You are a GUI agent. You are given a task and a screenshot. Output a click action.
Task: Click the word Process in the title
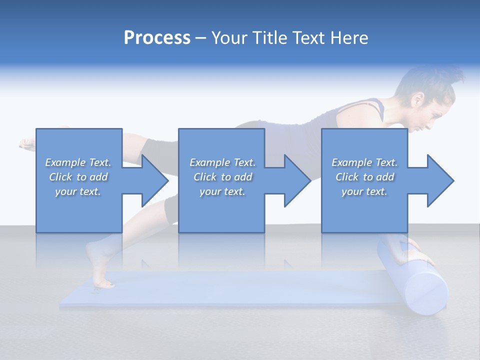pyautogui.click(x=157, y=38)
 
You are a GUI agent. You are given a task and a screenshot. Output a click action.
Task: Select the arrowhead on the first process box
pyautogui.click(x=155, y=180)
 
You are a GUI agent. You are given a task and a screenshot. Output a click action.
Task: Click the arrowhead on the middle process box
pyautogui.click(x=297, y=180)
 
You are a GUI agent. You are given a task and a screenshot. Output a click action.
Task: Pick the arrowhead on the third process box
pyautogui.click(x=440, y=180)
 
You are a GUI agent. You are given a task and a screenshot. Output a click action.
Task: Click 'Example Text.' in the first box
pyautogui.click(x=78, y=162)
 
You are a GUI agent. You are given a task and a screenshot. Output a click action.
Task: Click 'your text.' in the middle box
pyautogui.click(x=222, y=191)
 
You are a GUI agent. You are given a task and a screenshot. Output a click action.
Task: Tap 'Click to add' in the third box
pyautogui.click(x=364, y=177)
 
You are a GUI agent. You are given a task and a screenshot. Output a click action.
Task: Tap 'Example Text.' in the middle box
pyautogui.click(x=222, y=162)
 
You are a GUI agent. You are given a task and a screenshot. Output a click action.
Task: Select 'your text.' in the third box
pyautogui.click(x=364, y=191)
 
